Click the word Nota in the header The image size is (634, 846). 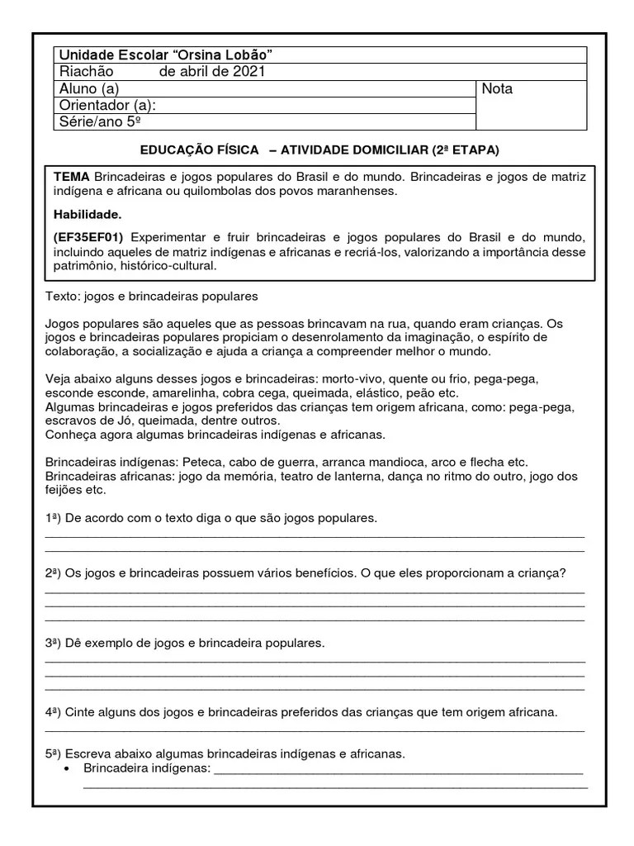497,88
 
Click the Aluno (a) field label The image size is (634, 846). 89,88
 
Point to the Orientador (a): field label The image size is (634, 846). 107,105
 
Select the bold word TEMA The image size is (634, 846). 72,178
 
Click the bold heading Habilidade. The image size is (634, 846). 88,215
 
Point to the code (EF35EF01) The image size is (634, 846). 88,236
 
